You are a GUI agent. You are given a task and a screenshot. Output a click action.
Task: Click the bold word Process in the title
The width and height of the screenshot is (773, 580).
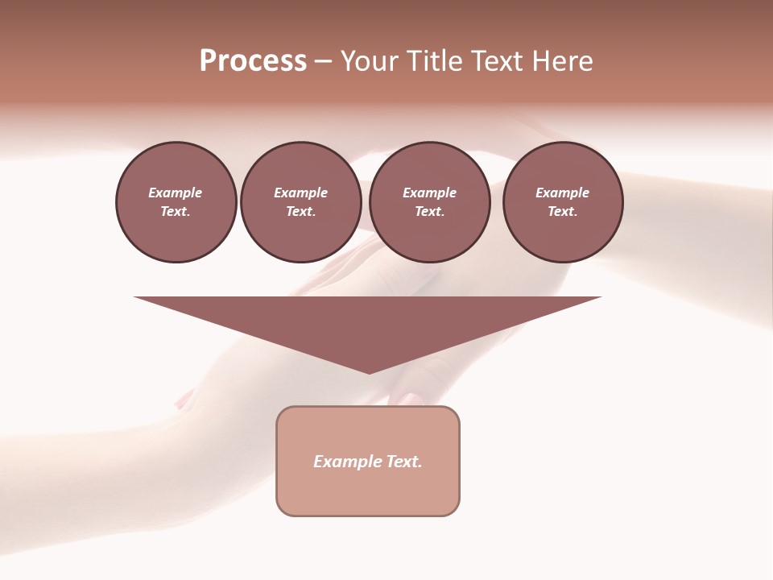[253, 61]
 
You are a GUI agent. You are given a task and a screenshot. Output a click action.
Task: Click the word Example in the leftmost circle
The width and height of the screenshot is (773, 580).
[176, 193]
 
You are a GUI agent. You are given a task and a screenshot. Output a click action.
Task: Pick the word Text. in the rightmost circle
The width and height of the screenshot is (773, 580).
[563, 211]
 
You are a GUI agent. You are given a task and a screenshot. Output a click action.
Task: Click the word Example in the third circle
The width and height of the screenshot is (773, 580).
[429, 193]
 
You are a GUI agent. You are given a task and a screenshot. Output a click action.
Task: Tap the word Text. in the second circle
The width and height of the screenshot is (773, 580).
[300, 211]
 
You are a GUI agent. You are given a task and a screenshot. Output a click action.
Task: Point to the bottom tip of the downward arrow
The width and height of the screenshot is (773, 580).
[369, 371]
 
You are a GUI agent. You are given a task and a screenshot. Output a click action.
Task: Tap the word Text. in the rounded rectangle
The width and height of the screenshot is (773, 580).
[404, 462]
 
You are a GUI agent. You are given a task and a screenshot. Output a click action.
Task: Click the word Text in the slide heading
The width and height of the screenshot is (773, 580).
[500, 61]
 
